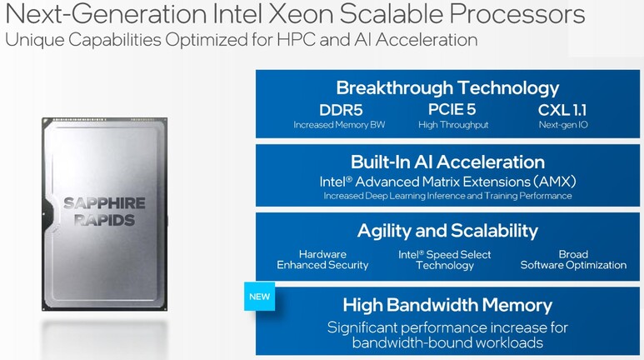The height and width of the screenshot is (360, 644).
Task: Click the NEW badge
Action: (260, 297)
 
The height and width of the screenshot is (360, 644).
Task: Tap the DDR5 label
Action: (341, 110)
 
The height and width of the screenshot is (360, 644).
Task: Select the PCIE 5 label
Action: (452, 110)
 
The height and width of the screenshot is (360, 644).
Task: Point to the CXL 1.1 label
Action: (562, 110)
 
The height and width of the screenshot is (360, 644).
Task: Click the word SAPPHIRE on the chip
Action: (104, 203)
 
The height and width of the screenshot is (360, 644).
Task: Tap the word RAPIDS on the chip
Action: (104, 220)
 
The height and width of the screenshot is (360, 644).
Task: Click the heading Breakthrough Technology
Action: (447, 88)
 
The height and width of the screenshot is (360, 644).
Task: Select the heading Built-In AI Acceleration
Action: (447, 162)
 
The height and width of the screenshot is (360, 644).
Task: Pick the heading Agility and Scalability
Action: (447, 231)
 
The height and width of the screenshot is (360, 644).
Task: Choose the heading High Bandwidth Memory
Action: (447, 305)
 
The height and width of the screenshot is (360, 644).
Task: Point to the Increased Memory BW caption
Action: (339, 125)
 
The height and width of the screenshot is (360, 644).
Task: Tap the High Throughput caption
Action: (453, 125)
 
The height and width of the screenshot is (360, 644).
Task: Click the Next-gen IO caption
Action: (563, 125)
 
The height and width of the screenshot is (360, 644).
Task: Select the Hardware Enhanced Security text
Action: (322, 260)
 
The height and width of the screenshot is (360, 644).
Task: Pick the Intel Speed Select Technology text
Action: (445, 260)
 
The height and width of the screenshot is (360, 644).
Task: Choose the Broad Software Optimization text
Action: (573, 260)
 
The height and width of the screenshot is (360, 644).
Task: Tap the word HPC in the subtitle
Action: (296, 40)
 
